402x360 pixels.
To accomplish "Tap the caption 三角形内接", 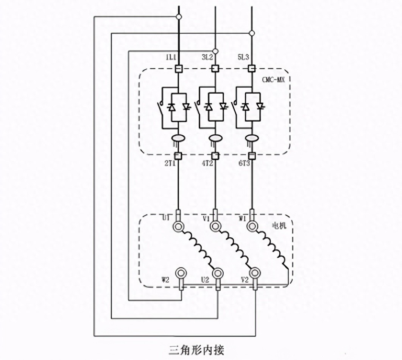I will click(x=196, y=349).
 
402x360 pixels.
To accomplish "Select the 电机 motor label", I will click(x=279, y=225).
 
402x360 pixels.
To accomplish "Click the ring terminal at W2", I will click(x=181, y=273).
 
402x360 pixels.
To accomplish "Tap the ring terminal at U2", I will click(x=218, y=273).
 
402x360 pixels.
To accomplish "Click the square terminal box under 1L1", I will click(x=178, y=69).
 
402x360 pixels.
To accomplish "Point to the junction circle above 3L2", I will click(x=215, y=51).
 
